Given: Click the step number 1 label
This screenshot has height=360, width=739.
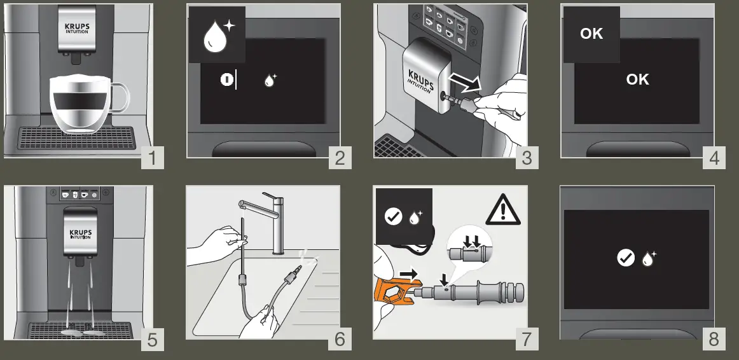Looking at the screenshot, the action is coord(152,157).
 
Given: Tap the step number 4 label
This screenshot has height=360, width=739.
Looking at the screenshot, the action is coord(714,157).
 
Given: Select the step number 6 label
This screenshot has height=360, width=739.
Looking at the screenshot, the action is coord(340,339).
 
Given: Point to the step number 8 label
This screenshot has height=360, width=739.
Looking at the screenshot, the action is coord(714,339).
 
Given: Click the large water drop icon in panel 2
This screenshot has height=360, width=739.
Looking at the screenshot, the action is coord(215,38).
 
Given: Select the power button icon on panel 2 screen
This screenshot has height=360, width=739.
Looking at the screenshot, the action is coord(226,80).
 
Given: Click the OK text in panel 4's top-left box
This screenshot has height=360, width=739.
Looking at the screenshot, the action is coord(591,34).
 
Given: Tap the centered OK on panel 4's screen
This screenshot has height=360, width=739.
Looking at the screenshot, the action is coord(637,79).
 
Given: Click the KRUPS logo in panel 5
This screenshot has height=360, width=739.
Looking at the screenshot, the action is coord(81,234).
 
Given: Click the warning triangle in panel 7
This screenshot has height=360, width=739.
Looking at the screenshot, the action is coord(503,211).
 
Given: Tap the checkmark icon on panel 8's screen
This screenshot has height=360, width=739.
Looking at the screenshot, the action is coord(625,258).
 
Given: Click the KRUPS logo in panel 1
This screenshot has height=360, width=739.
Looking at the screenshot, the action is coord(77,28).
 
